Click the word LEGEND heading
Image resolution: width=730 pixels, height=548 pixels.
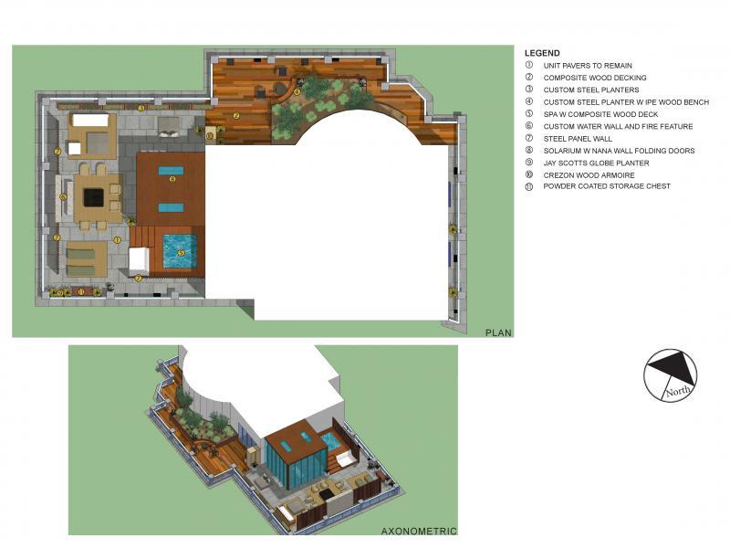(542, 53)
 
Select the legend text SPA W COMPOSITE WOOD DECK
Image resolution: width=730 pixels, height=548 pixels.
(600, 114)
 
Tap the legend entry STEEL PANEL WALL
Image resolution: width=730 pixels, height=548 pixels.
(578, 139)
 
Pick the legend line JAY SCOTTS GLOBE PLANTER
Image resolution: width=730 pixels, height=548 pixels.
(596, 163)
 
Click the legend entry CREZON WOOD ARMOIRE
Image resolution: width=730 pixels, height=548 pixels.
(589, 175)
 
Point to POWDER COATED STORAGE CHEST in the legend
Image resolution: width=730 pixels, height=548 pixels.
(607, 186)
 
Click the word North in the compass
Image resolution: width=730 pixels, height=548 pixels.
(678, 391)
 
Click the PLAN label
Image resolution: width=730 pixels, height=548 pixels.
(498, 332)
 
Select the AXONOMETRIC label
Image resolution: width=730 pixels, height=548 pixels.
(419, 531)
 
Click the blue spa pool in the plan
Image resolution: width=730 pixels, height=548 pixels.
(180, 251)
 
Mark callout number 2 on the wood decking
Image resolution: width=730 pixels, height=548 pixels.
(236, 116)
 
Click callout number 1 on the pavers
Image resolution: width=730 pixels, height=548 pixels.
(117, 240)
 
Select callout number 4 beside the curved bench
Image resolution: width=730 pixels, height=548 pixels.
(297, 92)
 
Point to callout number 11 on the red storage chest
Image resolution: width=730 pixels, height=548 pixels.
(81, 292)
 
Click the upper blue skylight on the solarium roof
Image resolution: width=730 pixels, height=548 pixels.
(171, 171)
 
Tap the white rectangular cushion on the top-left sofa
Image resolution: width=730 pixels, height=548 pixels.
(90, 120)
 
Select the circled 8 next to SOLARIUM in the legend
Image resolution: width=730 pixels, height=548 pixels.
(529, 150)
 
